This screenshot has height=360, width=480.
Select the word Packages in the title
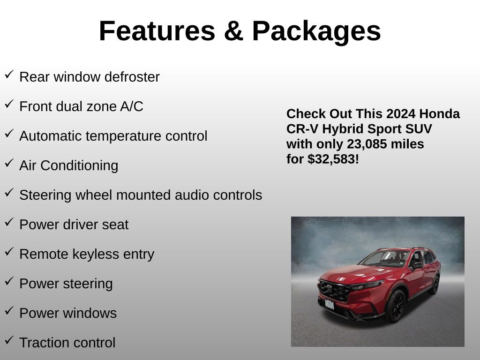click(316, 32)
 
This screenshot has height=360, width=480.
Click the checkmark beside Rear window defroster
click(9, 75)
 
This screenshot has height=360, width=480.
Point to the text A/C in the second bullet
click(132, 106)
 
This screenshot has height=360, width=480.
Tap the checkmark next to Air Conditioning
click(9, 163)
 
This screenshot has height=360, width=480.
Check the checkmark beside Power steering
click(9, 281)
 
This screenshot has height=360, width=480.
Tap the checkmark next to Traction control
click(9, 340)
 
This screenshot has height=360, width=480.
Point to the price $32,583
click(331, 159)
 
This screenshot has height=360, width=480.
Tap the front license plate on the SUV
click(330, 304)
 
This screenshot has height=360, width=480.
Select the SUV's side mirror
click(417, 266)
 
